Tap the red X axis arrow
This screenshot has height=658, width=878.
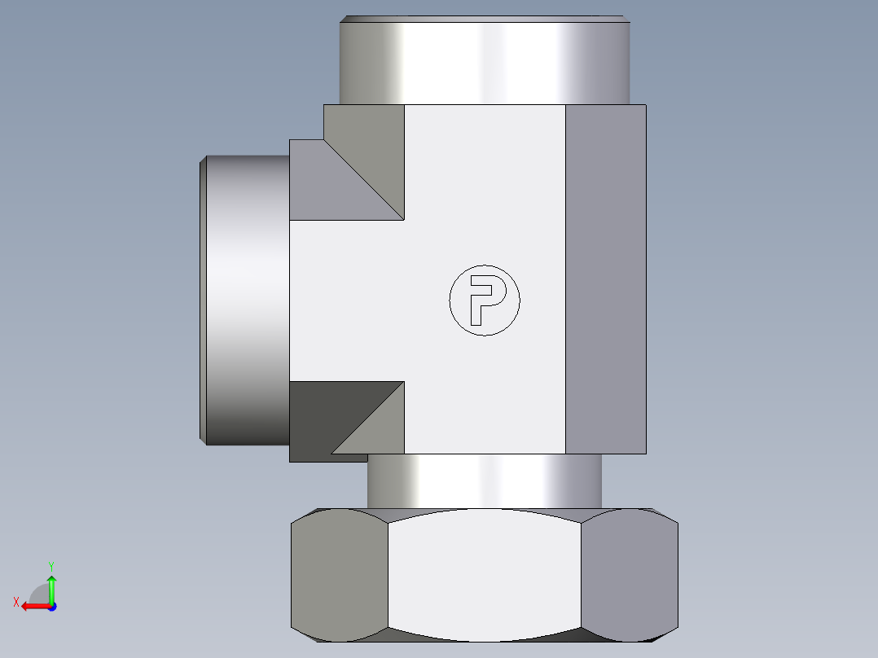pyautogui.click(x=35, y=607)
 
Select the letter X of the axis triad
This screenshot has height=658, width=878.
pyautogui.click(x=16, y=602)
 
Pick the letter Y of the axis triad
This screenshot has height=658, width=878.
pyautogui.click(x=51, y=566)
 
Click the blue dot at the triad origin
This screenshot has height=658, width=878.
pyautogui.click(x=52, y=607)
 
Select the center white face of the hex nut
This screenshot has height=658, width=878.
pyautogui.click(x=485, y=575)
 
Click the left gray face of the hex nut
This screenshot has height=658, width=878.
pyautogui.click(x=340, y=575)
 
